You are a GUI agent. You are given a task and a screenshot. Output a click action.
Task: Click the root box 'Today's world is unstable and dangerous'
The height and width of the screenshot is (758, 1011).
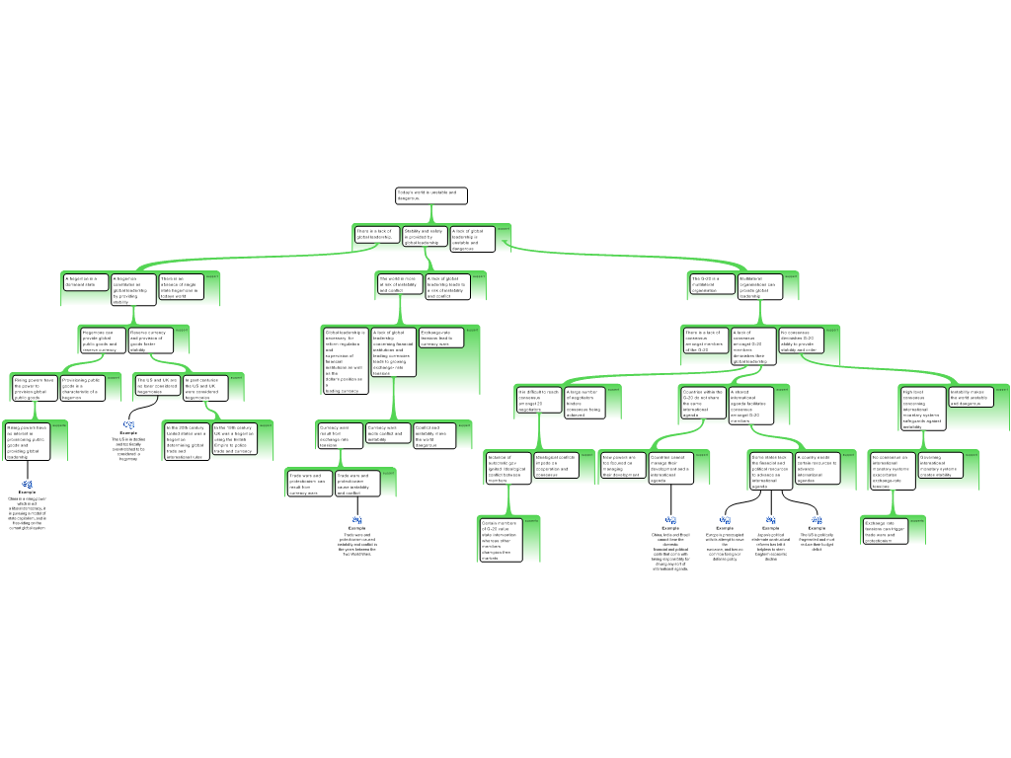430,195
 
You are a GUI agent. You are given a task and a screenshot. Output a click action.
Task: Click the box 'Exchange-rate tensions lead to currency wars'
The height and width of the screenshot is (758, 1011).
440,338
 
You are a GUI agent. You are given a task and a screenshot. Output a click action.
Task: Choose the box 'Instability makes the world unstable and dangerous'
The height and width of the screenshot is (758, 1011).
970,397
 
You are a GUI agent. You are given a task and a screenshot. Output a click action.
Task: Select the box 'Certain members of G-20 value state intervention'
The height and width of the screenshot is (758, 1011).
499,539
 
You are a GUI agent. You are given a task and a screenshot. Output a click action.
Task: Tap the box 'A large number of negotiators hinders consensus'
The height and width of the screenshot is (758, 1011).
583,403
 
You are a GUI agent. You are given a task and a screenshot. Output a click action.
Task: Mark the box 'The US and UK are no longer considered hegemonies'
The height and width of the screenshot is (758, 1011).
157,386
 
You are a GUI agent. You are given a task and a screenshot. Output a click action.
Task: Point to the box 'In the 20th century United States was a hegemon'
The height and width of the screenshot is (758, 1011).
187,441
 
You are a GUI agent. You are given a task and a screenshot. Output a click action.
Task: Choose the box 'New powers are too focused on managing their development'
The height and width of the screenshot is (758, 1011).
622,466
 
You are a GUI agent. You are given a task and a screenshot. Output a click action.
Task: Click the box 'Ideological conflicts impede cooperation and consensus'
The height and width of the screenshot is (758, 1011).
555,465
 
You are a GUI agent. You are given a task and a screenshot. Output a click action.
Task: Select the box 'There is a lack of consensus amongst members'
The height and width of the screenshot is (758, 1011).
705,341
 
